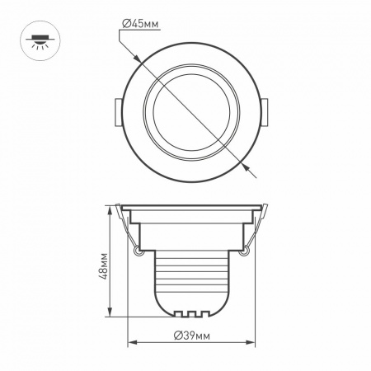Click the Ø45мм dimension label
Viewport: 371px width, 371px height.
(x=140, y=24)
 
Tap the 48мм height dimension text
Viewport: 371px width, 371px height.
(x=103, y=265)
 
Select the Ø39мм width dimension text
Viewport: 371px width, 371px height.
(x=191, y=336)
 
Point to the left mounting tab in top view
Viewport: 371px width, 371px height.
(x=118, y=112)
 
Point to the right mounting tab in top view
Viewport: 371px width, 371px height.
(x=265, y=112)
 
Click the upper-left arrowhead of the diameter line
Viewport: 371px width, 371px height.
(x=137, y=59)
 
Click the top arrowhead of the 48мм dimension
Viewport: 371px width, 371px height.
(x=110, y=212)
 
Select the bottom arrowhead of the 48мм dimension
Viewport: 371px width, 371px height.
(x=110, y=311)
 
